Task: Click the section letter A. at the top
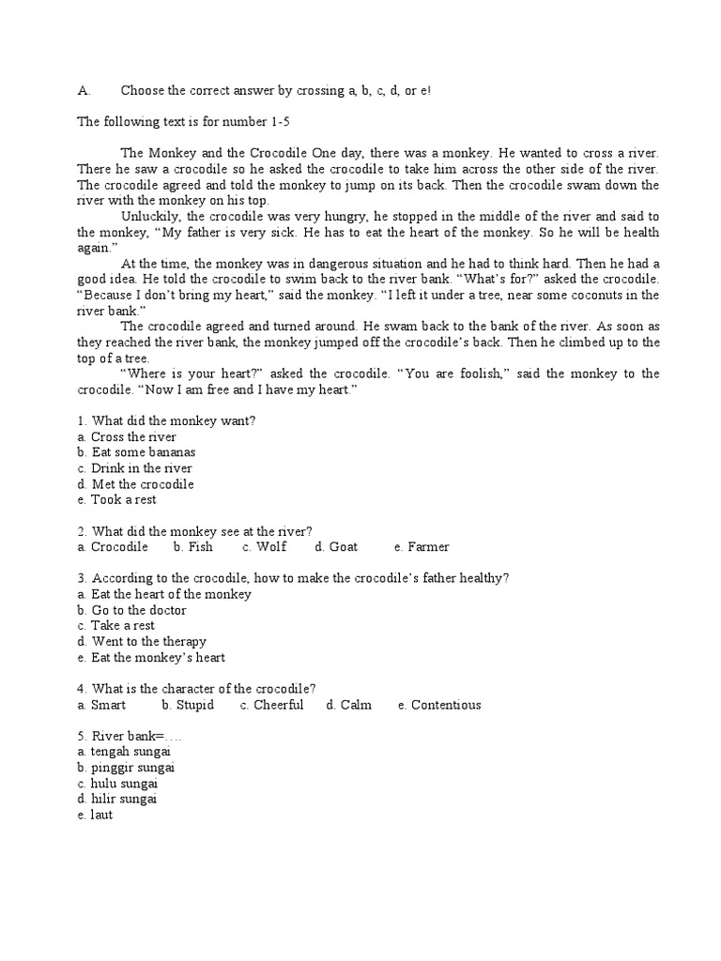coord(84,91)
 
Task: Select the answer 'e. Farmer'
coord(422,546)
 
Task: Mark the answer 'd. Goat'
coord(336,546)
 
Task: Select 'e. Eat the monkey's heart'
coord(151,657)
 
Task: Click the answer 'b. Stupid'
coord(188,705)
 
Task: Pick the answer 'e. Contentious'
coord(438,705)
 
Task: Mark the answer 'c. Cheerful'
coord(271,705)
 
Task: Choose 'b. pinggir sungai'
coord(127,768)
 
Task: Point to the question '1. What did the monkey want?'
coord(167,420)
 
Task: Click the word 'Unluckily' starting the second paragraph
coord(147,216)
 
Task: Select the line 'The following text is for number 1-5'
coord(185,122)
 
